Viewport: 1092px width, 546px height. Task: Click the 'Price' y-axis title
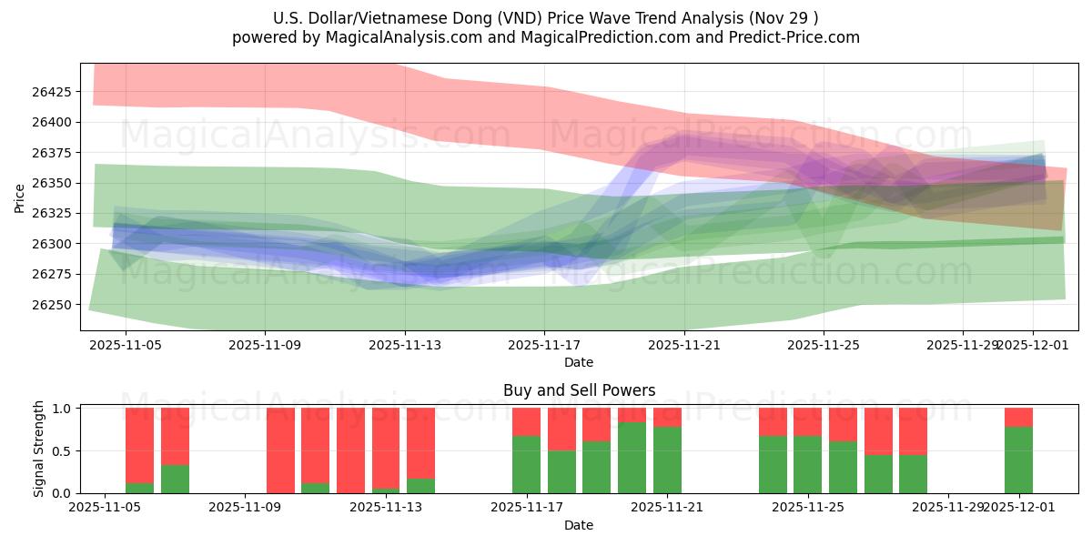click(20, 197)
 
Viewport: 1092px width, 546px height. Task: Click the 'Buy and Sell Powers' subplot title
click(579, 390)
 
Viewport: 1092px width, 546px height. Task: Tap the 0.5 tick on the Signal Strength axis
click(62, 451)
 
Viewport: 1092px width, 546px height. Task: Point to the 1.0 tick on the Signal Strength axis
click(62, 409)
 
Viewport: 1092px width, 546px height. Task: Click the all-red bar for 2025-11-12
click(350, 450)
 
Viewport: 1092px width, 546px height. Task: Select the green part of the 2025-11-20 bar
click(632, 458)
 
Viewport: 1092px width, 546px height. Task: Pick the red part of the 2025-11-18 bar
click(561, 429)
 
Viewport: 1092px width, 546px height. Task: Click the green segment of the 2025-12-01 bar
click(1018, 460)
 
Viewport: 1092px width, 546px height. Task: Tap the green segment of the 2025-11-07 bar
click(175, 480)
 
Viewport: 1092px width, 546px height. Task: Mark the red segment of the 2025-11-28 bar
click(913, 430)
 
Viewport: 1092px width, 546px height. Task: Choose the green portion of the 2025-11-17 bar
click(526, 465)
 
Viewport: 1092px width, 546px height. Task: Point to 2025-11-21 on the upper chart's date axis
click(684, 346)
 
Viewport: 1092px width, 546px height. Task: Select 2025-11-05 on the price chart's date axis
click(126, 346)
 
